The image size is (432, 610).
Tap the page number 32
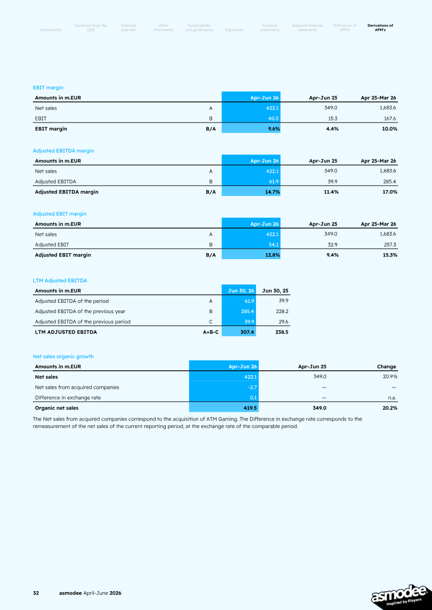pos(36,593)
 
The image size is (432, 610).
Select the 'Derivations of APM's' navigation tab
pos(380,28)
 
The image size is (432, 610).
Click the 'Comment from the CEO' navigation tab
pos(91,28)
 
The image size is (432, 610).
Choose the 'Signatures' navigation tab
pos(234,30)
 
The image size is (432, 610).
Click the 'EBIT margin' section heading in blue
pos(48,87)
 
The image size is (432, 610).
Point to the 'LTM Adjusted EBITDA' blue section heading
pos(60,281)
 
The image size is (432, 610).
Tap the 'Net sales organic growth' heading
pos(63,356)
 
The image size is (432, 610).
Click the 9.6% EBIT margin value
pos(274,129)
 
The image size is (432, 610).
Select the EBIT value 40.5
pos(273,118)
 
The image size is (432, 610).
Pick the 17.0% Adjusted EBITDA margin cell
pos(389,192)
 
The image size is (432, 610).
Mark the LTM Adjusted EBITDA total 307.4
pos(247,332)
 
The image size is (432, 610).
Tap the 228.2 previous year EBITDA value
pos(281,311)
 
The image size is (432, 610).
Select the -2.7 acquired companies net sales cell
pos(252,387)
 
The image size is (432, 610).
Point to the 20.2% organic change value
pos(389,408)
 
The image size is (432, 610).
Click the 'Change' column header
pos(387,367)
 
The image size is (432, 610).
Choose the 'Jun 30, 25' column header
pos(275,290)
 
